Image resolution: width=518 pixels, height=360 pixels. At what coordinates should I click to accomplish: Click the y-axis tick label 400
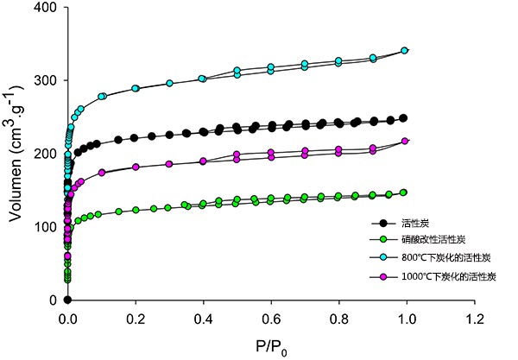coord(46,8)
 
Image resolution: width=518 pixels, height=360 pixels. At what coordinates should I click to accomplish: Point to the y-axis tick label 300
coord(46,81)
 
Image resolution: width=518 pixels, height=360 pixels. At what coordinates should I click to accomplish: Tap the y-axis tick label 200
coord(46,154)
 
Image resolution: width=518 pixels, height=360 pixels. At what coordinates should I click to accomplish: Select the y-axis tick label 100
coord(46,227)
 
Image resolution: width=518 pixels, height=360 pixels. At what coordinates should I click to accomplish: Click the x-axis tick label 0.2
coord(135,317)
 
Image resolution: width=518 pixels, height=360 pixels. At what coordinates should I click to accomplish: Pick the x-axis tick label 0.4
coord(202,317)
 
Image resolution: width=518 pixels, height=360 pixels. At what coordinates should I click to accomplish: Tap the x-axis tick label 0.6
coord(269,317)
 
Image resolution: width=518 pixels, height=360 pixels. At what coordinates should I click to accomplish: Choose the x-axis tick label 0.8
coord(337,317)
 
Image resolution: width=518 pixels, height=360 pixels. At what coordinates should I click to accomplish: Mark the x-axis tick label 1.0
coord(404,317)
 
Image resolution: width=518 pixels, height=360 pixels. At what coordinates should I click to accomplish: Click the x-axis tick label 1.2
coord(471,317)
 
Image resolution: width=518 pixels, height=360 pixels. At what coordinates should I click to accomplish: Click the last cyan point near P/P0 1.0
coord(403,51)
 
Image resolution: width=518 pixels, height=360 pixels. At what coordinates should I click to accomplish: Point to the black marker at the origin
coord(67,300)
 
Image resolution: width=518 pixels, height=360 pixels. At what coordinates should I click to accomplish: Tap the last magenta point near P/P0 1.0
coord(403,142)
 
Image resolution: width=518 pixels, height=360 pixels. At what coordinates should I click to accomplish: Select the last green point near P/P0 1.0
coord(403,193)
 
